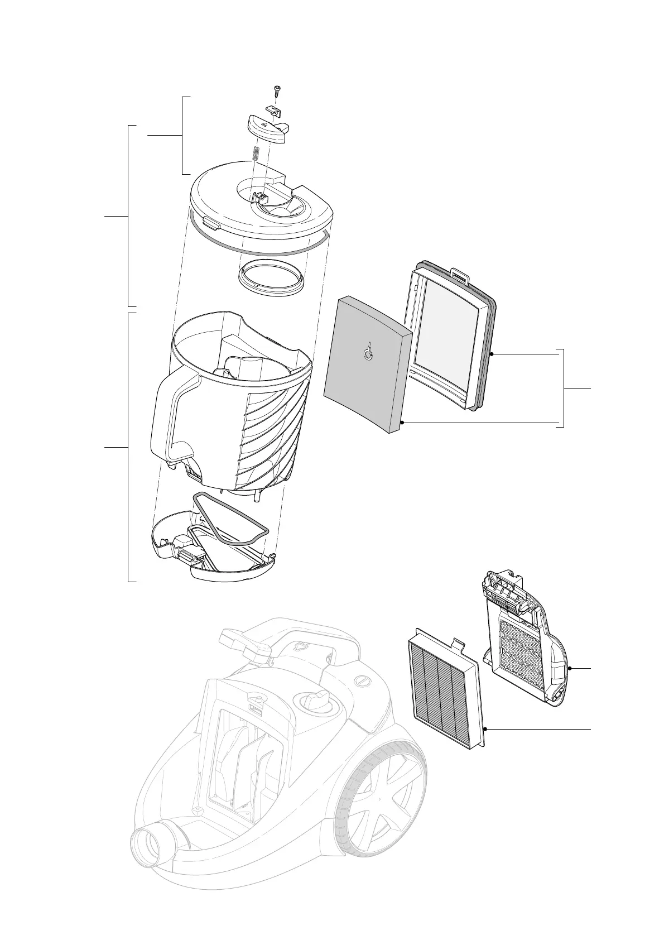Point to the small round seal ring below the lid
tap(273, 275)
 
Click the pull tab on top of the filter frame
tap(459, 274)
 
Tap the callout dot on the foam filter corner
tap(402, 423)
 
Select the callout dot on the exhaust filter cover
tap(569, 668)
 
